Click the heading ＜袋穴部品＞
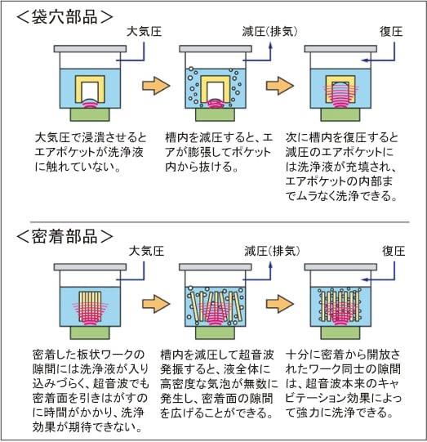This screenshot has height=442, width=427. coord(64,17)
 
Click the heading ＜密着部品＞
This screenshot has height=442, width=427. coord(64,236)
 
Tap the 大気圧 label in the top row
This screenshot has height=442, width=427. coord(144,32)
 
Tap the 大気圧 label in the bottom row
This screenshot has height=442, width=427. coord(146,251)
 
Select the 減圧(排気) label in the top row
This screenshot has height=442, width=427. coord(269,32)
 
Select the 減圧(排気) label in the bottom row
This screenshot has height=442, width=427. coord(272,251)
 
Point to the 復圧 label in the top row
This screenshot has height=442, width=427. coord(391,32)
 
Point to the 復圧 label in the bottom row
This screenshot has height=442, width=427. coord(394,251)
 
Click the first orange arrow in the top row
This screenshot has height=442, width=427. coord(156,86)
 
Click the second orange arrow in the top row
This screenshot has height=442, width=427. coord(280,86)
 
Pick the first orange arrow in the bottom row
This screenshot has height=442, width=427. coord(156,304)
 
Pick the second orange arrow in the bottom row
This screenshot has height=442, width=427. coord(280,304)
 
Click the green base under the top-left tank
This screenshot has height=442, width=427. coord(90,114)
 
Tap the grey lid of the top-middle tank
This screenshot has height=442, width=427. coord(216,49)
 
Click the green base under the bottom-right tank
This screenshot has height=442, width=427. coord(340,333)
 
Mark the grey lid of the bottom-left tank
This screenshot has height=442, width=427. coord(90,267)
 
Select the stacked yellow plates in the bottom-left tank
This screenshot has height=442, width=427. coord(90,306)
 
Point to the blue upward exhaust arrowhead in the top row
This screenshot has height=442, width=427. coord(270,47)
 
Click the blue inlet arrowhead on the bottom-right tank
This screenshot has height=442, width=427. coord(365,279)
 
